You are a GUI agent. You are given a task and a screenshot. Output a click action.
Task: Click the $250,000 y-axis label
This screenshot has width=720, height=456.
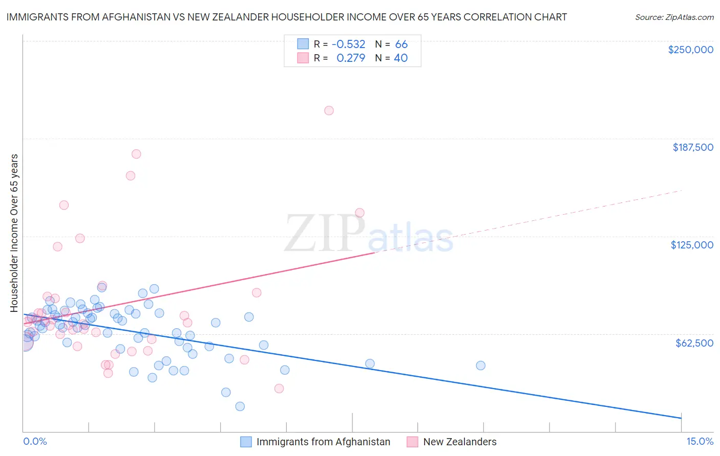click(x=690, y=50)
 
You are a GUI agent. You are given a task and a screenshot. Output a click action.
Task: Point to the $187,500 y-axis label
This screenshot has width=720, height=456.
click(x=692, y=147)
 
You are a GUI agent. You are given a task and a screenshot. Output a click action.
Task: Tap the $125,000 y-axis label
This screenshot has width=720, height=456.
click(x=692, y=245)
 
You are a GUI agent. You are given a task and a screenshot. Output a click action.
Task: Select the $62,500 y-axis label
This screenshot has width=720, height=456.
click(x=694, y=343)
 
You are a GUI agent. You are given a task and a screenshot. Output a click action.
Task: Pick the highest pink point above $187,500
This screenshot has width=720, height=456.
click(x=329, y=110)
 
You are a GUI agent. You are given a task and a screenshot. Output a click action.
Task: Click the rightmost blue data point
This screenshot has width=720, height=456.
click(x=480, y=366)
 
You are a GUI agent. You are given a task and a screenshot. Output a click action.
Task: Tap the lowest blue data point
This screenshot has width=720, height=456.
click(x=240, y=406)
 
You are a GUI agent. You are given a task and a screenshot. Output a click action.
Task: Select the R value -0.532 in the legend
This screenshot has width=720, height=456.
click(x=348, y=44)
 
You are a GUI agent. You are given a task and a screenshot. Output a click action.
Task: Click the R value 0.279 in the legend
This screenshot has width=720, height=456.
click(x=350, y=58)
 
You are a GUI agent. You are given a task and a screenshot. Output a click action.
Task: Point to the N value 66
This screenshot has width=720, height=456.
click(x=401, y=44)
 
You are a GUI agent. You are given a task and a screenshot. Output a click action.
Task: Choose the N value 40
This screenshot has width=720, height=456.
click(x=400, y=58)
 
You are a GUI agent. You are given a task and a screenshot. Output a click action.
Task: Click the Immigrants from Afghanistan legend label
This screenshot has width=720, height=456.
click(x=323, y=442)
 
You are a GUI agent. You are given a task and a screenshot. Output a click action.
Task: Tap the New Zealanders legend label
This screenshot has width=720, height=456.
click(x=459, y=442)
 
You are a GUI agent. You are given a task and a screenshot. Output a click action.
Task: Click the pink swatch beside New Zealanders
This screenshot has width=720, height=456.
click(x=412, y=442)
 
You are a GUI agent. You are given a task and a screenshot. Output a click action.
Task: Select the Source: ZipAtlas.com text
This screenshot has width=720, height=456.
click(x=674, y=17)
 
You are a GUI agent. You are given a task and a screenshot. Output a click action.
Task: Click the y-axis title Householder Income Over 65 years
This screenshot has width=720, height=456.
click(x=14, y=233)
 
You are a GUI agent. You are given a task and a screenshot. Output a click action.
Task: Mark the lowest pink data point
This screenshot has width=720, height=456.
click(x=279, y=389)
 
